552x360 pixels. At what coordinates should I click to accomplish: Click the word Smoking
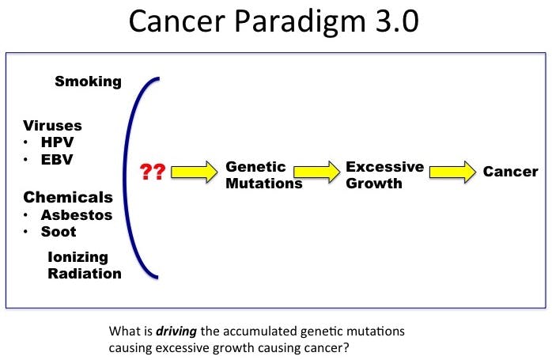point(88,81)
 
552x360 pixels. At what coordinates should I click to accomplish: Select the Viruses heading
point(52,125)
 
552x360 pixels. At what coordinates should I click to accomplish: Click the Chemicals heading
point(67,197)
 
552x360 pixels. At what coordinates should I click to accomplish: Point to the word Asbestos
point(76,214)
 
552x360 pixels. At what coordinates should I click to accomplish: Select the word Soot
point(59,232)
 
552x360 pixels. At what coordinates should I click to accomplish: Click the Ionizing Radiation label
point(84,265)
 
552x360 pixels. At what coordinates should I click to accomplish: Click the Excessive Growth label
point(384,175)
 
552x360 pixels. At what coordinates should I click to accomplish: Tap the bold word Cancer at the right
point(511,172)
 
